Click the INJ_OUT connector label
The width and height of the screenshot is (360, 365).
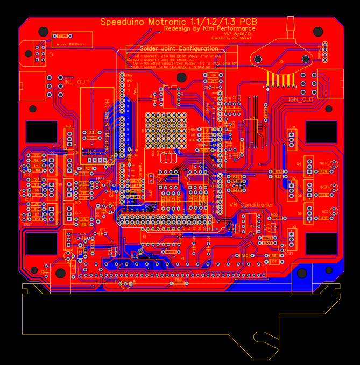click(76, 82)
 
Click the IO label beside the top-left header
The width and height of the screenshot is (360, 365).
click(50, 55)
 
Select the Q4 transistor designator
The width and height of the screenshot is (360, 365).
click(299, 163)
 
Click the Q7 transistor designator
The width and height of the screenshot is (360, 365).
click(53, 152)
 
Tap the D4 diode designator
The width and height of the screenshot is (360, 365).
click(213, 75)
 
